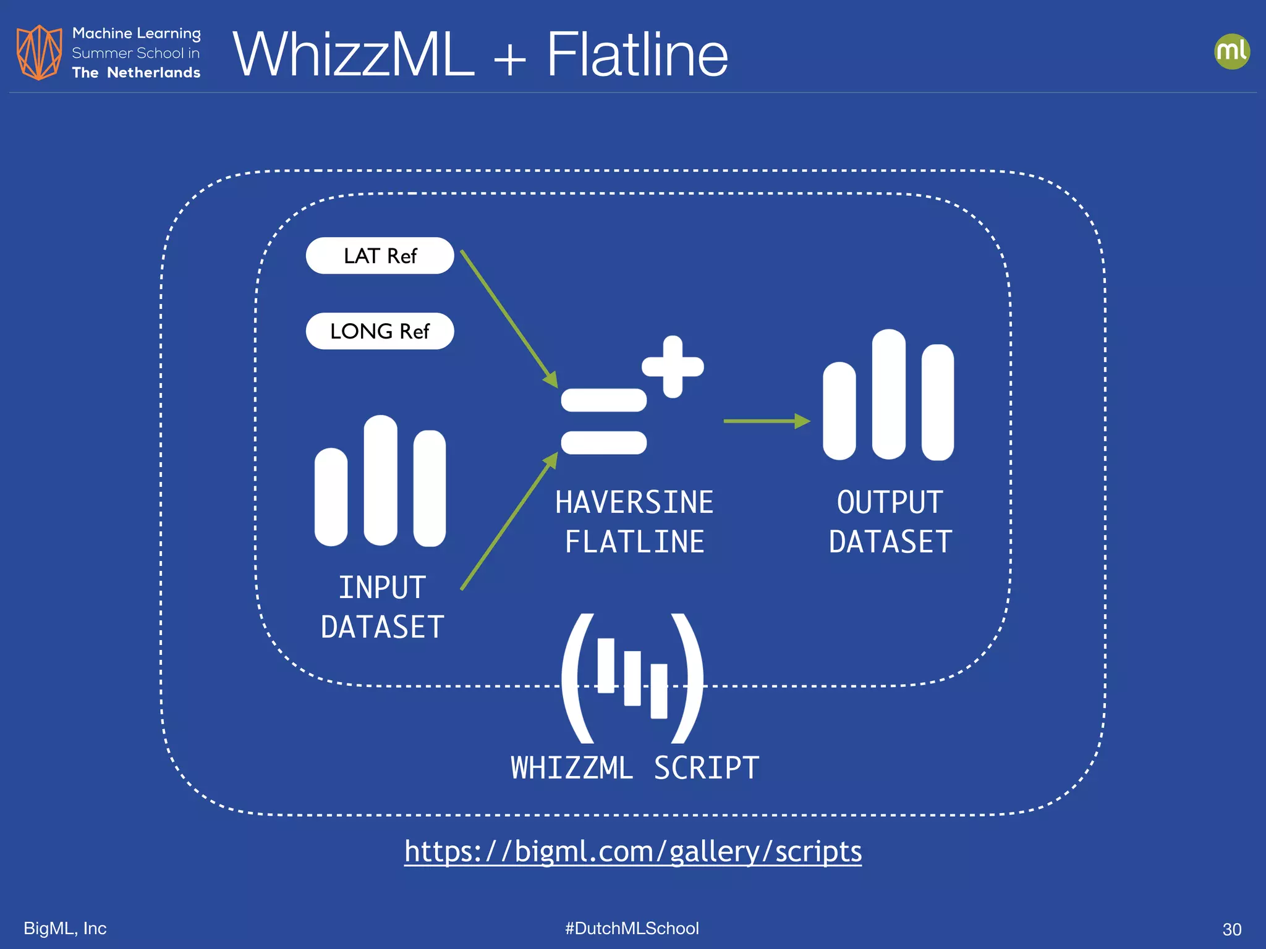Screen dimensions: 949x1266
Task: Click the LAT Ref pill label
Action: pyautogui.click(x=380, y=256)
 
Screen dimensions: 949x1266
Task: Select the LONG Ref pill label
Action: pyautogui.click(x=380, y=331)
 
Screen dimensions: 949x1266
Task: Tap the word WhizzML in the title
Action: pyautogui.click(x=353, y=55)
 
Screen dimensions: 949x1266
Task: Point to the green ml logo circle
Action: pyautogui.click(x=1231, y=51)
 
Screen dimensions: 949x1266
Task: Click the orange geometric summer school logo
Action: pyautogui.click(x=39, y=53)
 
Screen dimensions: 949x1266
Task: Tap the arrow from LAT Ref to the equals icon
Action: pyautogui.click(x=508, y=318)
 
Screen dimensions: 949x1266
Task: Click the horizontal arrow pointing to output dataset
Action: pyautogui.click(x=766, y=421)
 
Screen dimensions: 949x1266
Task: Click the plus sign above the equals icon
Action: pyautogui.click(x=673, y=366)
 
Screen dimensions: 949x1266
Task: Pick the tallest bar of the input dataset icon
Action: pyautogui.click(x=380, y=480)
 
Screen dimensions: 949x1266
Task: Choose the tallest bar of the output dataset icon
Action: pyautogui.click(x=888, y=394)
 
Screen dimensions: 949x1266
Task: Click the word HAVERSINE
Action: pyautogui.click(x=634, y=502)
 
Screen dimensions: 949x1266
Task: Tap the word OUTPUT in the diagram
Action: pyautogui.click(x=890, y=502)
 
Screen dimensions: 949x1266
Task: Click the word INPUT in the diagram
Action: pyautogui.click(x=382, y=588)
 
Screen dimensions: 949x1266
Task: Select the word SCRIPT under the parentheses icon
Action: pyautogui.click(x=706, y=768)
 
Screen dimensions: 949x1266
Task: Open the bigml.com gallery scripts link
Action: pyautogui.click(x=633, y=851)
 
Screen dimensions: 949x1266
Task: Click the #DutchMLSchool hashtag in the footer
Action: pyautogui.click(x=632, y=928)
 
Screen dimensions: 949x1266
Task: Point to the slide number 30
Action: pyautogui.click(x=1231, y=929)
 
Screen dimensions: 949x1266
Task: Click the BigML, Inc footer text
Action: pyautogui.click(x=65, y=928)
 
